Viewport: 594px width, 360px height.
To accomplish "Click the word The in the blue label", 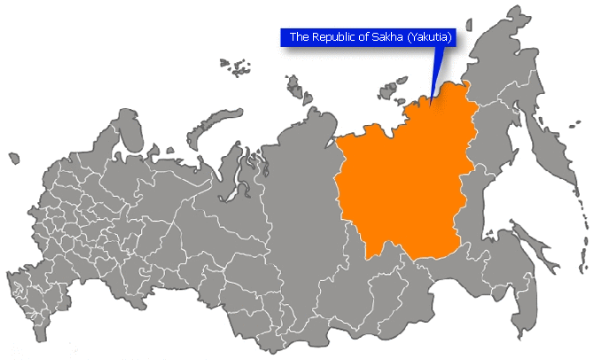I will (299, 37).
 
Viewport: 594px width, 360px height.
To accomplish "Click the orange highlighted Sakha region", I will (399, 177).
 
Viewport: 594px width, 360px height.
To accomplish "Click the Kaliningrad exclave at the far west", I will (13, 158).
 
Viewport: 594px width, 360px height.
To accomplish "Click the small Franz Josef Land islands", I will (235, 66).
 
